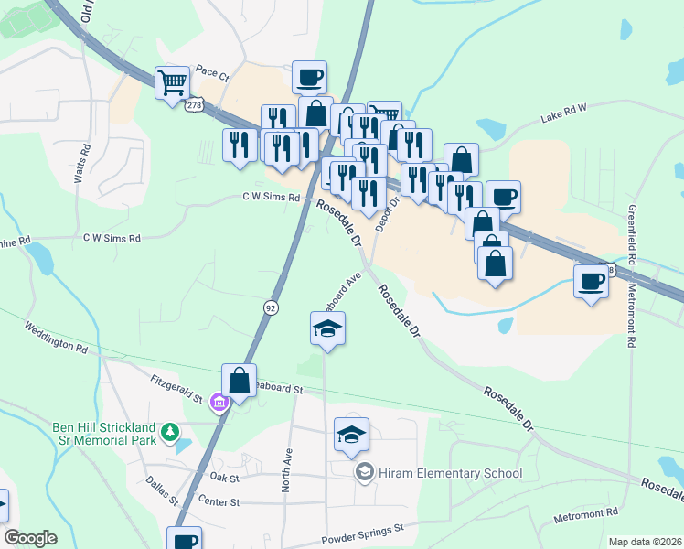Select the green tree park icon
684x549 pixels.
pyautogui.click(x=168, y=430)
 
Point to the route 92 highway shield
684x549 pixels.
pyautogui.click(x=271, y=308)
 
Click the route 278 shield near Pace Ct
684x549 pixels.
pyautogui.click(x=193, y=105)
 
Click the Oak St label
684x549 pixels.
pyautogui.click(x=224, y=478)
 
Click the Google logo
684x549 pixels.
pyautogui.click(x=30, y=538)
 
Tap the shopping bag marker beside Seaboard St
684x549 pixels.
pyautogui.click(x=239, y=381)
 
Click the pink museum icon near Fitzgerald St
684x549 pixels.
pyautogui.click(x=219, y=403)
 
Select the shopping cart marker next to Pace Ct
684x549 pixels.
pyautogui.click(x=172, y=83)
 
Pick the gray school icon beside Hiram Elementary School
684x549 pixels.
pyautogui.click(x=364, y=472)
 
